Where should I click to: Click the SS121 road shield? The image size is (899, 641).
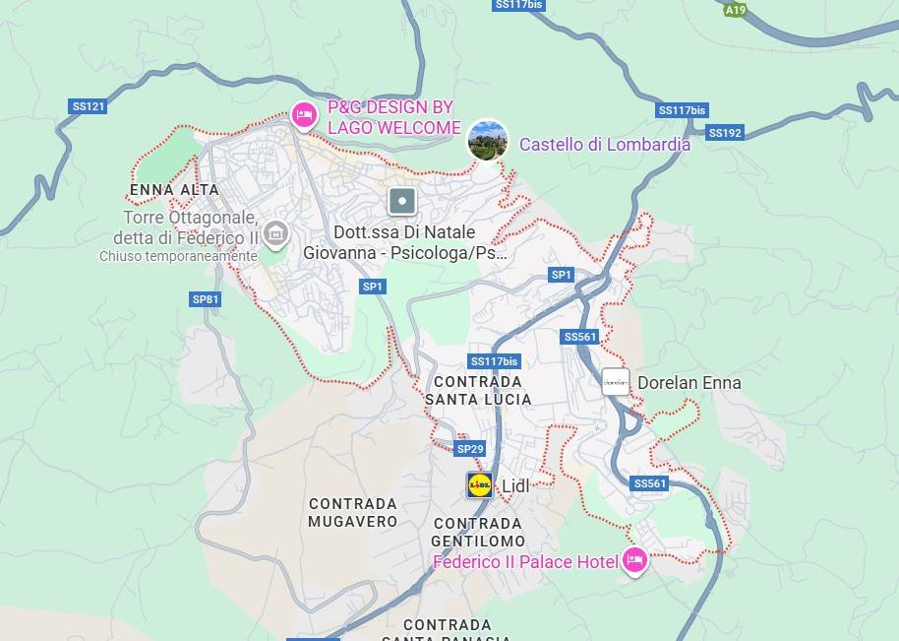pyautogui.click(x=89, y=106)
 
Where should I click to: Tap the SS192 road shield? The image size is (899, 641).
pyautogui.click(x=725, y=133)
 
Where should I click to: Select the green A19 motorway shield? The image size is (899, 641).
pyautogui.click(x=734, y=10)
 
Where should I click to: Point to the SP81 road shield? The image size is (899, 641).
pyautogui.click(x=206, y=299)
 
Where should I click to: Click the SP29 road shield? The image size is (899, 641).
pyautogui.click(x=470, y=449)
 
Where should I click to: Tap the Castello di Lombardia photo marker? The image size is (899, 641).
pyautogui.click(x=487, y=140)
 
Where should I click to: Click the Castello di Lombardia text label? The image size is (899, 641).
pyautogui.click(x=604, y=145)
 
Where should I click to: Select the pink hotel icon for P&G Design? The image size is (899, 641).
pyautogui.click(x=305, y=115)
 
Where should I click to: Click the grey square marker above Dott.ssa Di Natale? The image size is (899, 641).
pyautogui.click(x=402, y=202)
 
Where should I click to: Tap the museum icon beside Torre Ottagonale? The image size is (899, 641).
pyautogui.click(x=276, y=233)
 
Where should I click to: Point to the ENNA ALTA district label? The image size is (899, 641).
pyautogui.click(x=174, y=189)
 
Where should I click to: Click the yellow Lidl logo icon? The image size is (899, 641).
pyautogui.click(x=480, y=484)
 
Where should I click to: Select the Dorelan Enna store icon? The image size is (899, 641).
pyautogui.click(x=615, y=382)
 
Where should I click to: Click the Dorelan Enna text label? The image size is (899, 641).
pyautogui.click(x=689, y=383)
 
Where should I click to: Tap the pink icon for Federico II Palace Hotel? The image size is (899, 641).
pyautogui.click(x=634, y=560)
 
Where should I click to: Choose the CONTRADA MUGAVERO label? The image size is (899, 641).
pyautogui.click(x=353, y=513)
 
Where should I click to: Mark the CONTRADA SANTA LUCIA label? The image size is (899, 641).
pyautogui.click(x=478, y=390)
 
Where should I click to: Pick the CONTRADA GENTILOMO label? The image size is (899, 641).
pyautogui.click(x=478, y=533)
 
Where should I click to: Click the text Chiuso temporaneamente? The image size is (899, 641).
pyautogui.click(x=177, y=257)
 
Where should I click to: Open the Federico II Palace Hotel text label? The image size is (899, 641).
pyautogui.click(x=525, y=562)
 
